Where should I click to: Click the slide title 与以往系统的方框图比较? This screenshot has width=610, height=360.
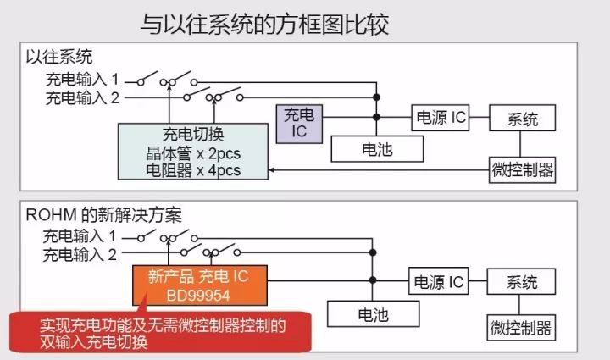pyautogui.click(x=264, y=24)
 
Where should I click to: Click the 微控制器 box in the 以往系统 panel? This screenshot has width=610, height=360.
pyautogui.click(x=523, y=170)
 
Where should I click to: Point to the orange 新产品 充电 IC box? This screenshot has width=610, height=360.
pyautogui.click(x=200, y=284)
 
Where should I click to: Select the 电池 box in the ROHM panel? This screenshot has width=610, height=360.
pyautogui.click(x=374, y=314)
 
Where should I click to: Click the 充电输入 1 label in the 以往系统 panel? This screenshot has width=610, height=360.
pyautogui.click(x=81, y=80)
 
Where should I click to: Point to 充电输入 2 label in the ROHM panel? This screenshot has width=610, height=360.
pyautogui.click(x=81, y=253)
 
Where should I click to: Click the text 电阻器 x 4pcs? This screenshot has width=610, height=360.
pyautogui.click(x=192, y=170)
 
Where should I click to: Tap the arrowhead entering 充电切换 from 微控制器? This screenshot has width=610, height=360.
pyautogui.click(x=272, y=170)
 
